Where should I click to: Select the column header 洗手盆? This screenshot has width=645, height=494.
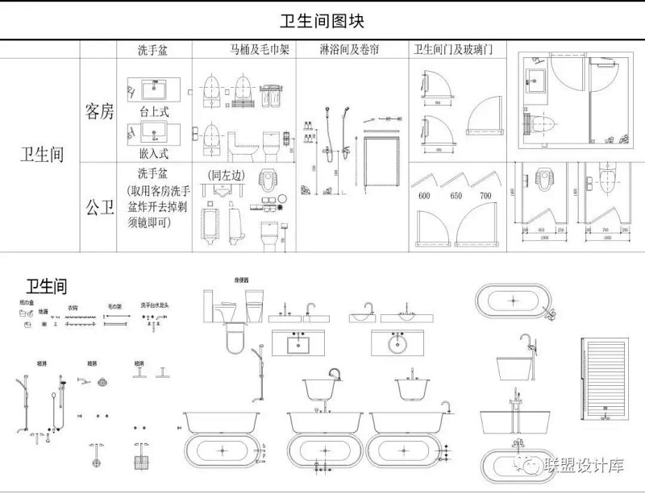(x=152, y=51)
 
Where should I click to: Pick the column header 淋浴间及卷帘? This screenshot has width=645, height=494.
(x=350, y=51)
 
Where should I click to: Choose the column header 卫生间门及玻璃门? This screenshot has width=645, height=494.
(x=454, y=51)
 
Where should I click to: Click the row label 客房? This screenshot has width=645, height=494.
(x=100, y=112)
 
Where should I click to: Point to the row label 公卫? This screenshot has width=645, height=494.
(x=100, y=207)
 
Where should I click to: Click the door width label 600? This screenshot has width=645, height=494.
(x=423, y=196)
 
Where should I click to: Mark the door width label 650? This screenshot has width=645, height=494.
(x=456, y=196)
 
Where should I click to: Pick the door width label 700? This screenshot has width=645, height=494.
(x=485, y=196)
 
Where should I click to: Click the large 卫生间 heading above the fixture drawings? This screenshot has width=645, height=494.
(x=46, y=287)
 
